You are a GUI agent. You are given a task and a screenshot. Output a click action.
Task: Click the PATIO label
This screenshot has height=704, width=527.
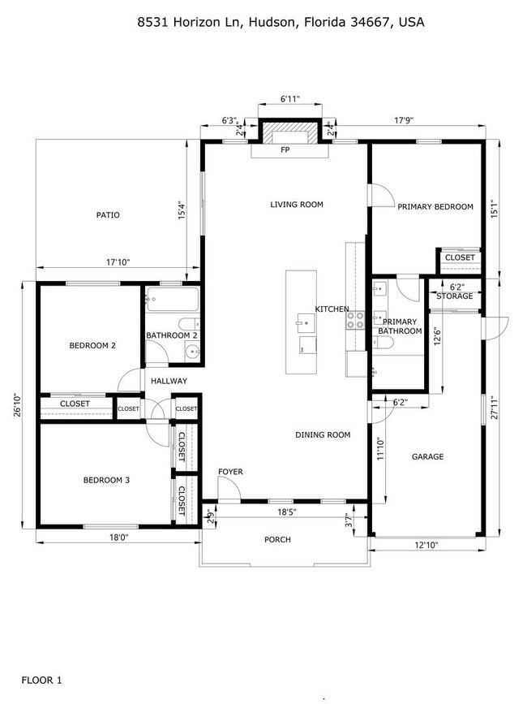(x=108, y=215)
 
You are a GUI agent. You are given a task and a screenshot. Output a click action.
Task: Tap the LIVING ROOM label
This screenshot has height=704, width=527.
(x=297, y=205)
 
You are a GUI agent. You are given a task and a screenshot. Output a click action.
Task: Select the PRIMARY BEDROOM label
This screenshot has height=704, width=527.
(x=435, y=207)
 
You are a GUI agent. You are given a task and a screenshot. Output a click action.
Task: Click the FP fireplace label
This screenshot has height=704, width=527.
(x=285, y=151)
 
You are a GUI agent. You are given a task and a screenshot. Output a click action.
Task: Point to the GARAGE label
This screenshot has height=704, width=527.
(x=427, y=457)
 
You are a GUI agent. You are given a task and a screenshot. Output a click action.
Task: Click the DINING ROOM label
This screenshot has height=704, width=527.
(x=323, y=435)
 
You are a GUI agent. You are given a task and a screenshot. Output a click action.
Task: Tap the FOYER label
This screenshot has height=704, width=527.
(x=230, y=472)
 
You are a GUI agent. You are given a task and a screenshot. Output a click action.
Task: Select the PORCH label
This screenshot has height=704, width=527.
(x=277, y=540)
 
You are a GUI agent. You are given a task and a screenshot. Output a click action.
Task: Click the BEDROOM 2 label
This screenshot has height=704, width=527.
(x=92, y=345)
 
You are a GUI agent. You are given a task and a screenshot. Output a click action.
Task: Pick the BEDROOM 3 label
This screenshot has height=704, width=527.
(x=106, y=480)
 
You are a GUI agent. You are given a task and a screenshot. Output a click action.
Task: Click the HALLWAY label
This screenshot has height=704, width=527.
(x=168, y=381)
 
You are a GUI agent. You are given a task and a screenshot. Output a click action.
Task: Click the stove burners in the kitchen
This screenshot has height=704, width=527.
(x=355, y=320)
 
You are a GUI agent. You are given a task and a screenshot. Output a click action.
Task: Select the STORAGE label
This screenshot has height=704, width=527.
(x=455, y=296)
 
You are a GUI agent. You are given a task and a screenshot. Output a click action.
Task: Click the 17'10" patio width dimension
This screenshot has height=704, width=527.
(x=118, y=262)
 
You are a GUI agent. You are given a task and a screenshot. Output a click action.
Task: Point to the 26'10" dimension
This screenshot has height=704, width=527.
(x=18, y=404)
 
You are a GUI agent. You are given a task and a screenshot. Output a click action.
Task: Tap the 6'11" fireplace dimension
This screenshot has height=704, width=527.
(x=290, y=99)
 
